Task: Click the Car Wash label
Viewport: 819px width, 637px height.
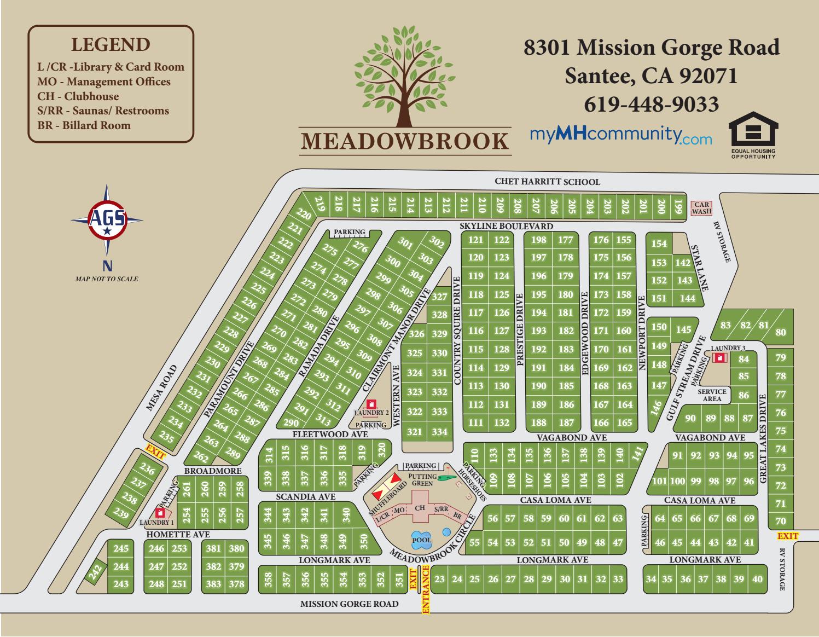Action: [x=701, y=208]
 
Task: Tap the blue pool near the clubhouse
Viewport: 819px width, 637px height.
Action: [x=422, y=539]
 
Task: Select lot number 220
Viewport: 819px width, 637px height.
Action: [x=303, y=215]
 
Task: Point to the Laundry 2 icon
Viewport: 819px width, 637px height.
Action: [x=371, y=404]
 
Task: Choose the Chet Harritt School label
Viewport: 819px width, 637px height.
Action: [x=547, y=182]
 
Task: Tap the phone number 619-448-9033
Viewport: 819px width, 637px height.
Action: [x=651, y=104]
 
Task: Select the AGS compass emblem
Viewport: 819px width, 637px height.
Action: [x=107, y=219]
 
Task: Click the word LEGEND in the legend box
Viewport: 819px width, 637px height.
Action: [x=111, y=45]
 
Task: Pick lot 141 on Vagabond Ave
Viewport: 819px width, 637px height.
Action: [x=636, y=454]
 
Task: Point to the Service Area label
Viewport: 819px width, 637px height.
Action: [x=712, y=395]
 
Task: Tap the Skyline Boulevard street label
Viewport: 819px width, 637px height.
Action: [x=506, y=226]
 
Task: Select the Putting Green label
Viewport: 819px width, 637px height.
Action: [x=422, y=480]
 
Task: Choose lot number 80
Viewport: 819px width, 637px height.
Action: [x=780, y=332]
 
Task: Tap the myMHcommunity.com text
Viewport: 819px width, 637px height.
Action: [x=621, y=135]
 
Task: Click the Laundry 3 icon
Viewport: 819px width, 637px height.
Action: [x=719, y=357]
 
